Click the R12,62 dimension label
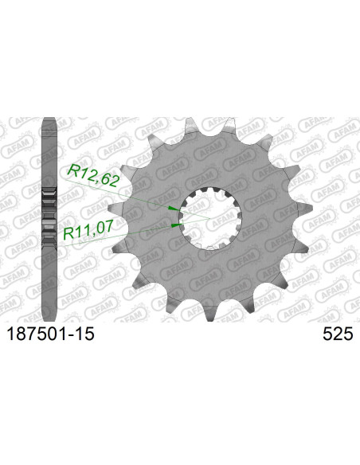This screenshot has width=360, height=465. point(93,177)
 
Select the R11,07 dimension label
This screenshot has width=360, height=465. point(88,230)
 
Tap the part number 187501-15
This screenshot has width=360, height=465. point(50,334)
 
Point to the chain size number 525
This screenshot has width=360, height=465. point(338,334)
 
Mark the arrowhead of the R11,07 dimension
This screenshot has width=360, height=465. point(177,225)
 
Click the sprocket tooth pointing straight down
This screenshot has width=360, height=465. point(210,313)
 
